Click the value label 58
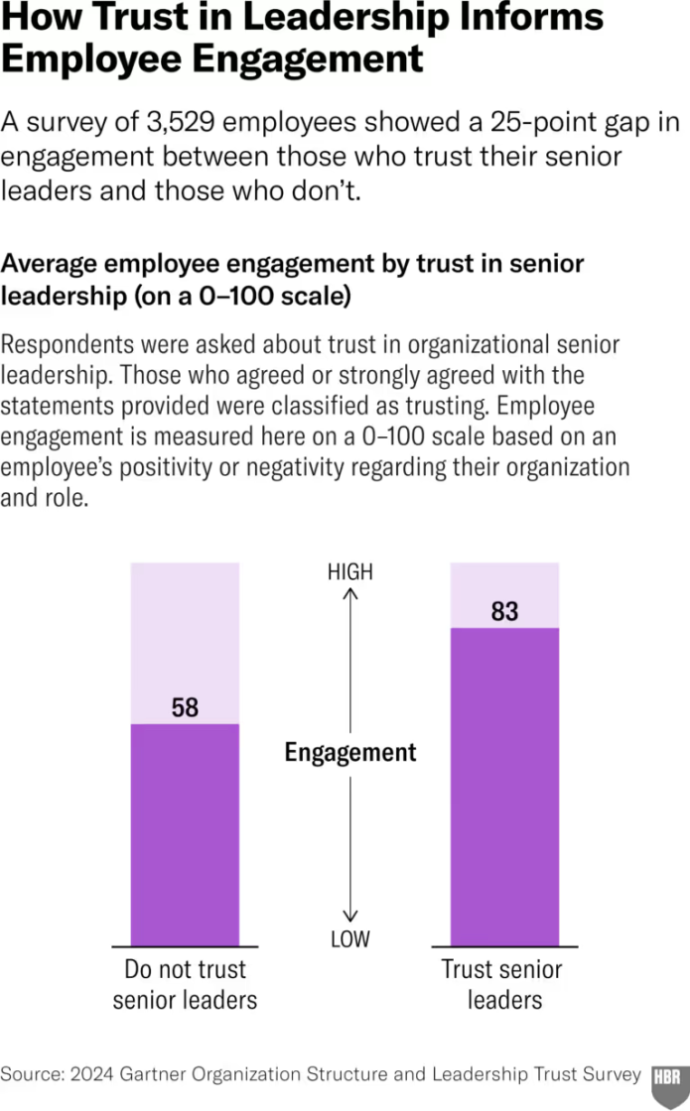point(185,708)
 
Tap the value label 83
point(504,612)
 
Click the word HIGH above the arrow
point(349,572)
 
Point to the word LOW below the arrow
point(349,938)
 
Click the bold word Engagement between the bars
point(350,753)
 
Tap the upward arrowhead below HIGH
point(349,593)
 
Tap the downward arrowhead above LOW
point(349,918)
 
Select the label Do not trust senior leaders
point(185,984)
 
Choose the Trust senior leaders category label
point(502,984)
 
